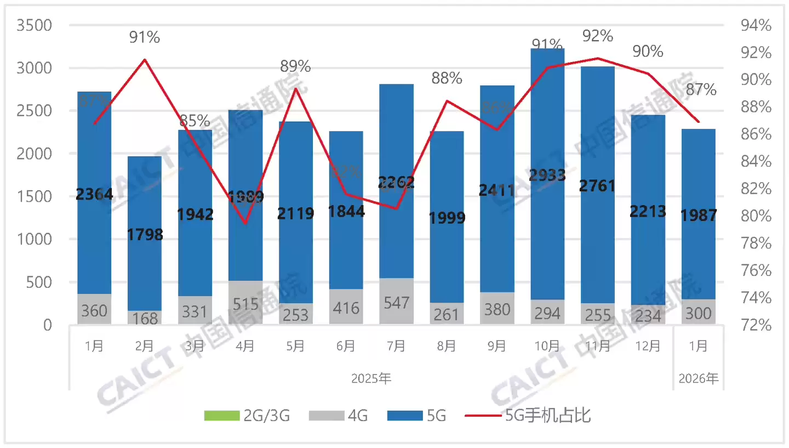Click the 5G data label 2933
547,175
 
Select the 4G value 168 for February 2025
145,319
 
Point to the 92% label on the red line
598,36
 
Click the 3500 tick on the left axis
34,26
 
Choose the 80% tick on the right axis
756,216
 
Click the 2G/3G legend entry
247,416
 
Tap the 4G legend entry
339,416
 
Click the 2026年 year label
698,378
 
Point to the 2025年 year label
371,378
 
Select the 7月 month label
396,346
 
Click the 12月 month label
648,346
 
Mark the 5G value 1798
145,235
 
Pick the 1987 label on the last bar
698,216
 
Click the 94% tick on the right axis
756,26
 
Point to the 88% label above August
447,78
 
